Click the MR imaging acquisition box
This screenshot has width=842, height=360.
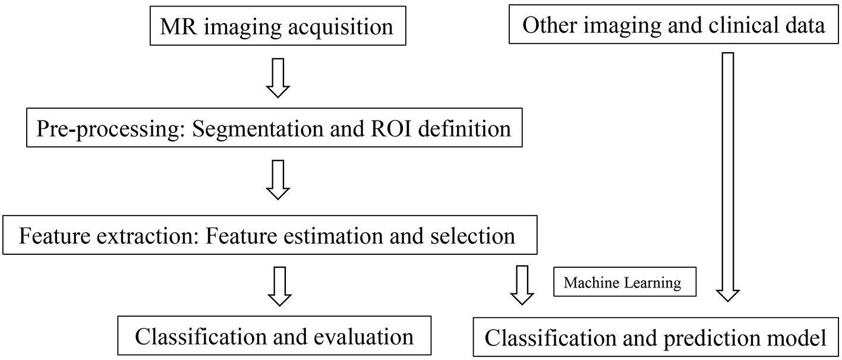coord(278,27)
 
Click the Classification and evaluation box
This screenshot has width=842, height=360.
coord(274,337)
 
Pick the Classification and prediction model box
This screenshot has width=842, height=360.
coord(656,338)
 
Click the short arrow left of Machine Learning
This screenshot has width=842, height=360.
coord(522,285)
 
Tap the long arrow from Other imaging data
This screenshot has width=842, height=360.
coord(727,176)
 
